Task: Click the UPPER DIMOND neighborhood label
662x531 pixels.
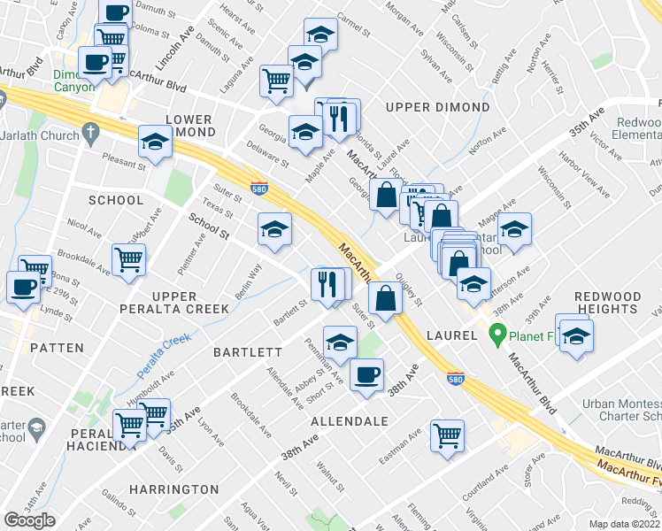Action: click(x=437, y=107)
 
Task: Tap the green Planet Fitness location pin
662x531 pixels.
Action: click(x=497, y=335)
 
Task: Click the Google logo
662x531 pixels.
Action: click(x=29, y=520)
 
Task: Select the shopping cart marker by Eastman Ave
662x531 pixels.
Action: click(x=447, y=435)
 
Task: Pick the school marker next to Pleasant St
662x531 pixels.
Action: click(x=155, y=142)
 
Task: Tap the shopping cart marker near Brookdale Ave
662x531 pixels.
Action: click(x=128, y=260)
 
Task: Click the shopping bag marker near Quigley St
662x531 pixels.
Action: click(x=386, y=297)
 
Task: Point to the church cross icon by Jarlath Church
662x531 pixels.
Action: click(x=89, y=133)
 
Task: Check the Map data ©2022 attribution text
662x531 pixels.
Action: click(x=625, y=524)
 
